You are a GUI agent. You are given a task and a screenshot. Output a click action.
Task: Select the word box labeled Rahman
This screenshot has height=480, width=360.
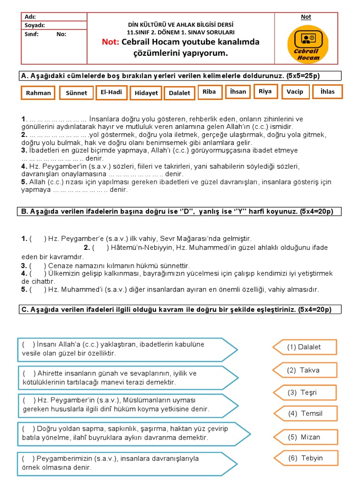click(x=38, y=93)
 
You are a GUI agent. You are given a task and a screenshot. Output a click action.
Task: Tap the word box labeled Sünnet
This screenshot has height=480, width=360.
click(x=76, y=93)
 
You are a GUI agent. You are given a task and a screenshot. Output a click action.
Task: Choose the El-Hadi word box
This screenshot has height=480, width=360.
click(x=111, y=92)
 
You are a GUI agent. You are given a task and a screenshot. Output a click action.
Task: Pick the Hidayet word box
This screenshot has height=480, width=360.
click(x=146, y=93)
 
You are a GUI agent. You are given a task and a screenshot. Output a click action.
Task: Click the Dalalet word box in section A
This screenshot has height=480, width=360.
click(x=179, y=93)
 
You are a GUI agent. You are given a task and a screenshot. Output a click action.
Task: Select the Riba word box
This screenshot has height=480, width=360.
click(x=209, y=92)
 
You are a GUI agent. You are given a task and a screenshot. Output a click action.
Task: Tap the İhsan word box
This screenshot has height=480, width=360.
click(x=238, y=92)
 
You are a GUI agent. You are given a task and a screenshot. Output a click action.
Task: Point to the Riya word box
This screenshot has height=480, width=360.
click(x=265, y=91)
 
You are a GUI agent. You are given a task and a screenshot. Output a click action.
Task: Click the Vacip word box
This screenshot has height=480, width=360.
click(x=295, y=92)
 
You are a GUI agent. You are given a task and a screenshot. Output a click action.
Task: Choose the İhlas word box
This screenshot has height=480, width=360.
click(x=327, y=92)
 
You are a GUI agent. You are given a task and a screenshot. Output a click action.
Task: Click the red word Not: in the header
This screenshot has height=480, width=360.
click(x=111, y=42)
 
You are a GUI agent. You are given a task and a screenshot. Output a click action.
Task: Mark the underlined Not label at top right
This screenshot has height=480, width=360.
click(x=306, y=17)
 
